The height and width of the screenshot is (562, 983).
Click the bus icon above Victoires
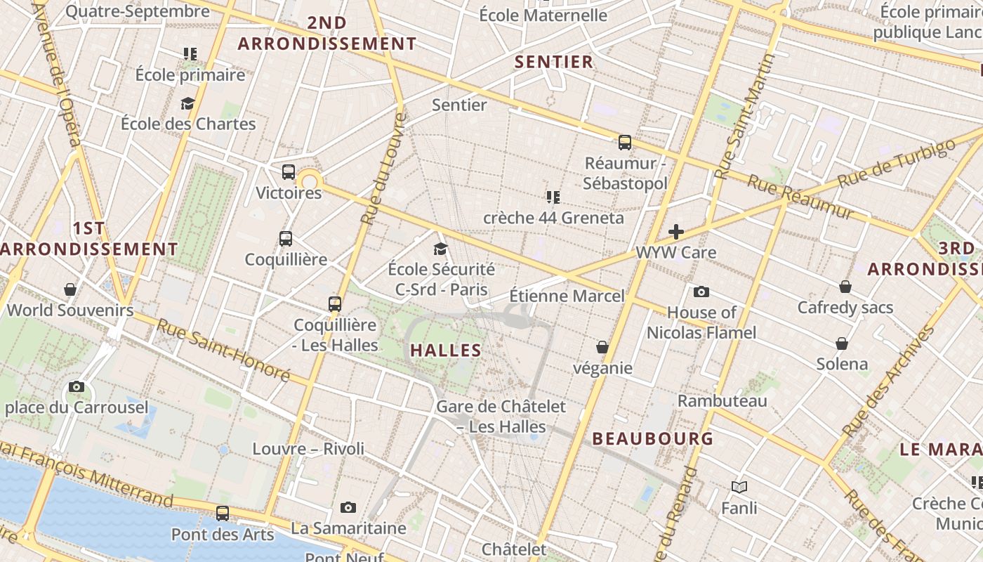click(x=289, y=172)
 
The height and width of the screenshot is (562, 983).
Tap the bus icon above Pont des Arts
click(x=223, y=514)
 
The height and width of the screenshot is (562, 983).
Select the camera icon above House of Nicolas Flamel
click(x=701, y=292)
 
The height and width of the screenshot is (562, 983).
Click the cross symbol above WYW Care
click(x=676, y=232)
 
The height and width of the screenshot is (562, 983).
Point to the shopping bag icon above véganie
click(x=602, y=347)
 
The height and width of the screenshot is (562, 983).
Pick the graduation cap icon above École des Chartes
click(x=187, y=104)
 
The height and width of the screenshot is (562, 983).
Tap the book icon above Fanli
click(x=739, y=487)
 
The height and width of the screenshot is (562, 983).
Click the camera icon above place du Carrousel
click(x=77, y=386)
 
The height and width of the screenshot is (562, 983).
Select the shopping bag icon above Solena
click(x=842, y=344)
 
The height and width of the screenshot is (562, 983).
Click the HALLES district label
click(x=446, y=350)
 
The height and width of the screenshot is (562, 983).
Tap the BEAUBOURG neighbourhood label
click(x=653, y=439)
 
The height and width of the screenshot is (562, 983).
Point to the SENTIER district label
click(x=554, y=62)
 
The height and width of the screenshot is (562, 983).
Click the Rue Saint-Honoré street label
click(x=223, y=350)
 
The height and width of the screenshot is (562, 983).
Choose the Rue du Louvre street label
click(x=383, y=169)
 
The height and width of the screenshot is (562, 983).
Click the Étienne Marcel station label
click(x=567, y=296)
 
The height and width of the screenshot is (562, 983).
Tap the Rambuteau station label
click(x=722, y=400)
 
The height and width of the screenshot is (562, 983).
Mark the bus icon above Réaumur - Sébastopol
click(x=625, y=143)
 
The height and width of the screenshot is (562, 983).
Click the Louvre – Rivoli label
click(x=308, y=448)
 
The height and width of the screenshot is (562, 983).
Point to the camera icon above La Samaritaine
click(x=348, y=507)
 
